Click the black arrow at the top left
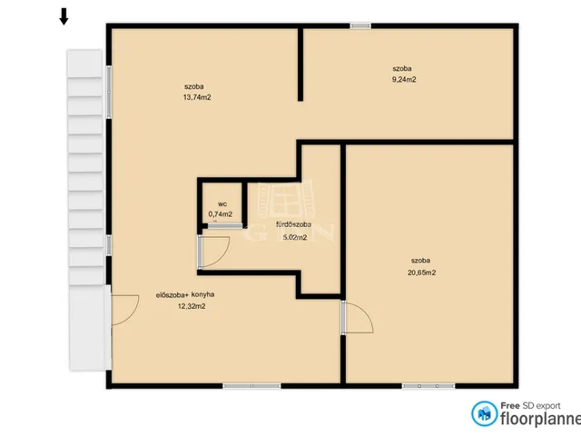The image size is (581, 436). click(x=64, y=16)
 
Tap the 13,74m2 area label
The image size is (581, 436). click(x=197, y=97)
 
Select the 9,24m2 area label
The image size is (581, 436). click(x=404, y=79)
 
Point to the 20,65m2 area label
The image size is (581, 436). click(x=421, y=272)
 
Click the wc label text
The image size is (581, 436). click(x=222, y=203)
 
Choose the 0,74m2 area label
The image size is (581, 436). click(x=220, y=214)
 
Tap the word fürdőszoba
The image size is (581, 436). click(x=293, y=224)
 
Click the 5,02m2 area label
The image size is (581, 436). click(x=295, y=237)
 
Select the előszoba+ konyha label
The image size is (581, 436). click(x=185, y=294)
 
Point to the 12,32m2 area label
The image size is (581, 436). click(x=192, y=306)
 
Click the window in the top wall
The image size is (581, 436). click(x=360, y=25)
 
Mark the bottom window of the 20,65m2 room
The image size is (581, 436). click(x=428, y=386)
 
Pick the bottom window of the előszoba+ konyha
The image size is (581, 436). click(x=251, y=386)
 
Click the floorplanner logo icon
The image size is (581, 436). click(x=484, y=413)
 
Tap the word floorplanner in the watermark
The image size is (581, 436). click(x=541, y=419)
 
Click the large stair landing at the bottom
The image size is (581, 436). click(x=90, y=328)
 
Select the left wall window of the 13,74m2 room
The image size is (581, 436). click(x=109, y=92)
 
